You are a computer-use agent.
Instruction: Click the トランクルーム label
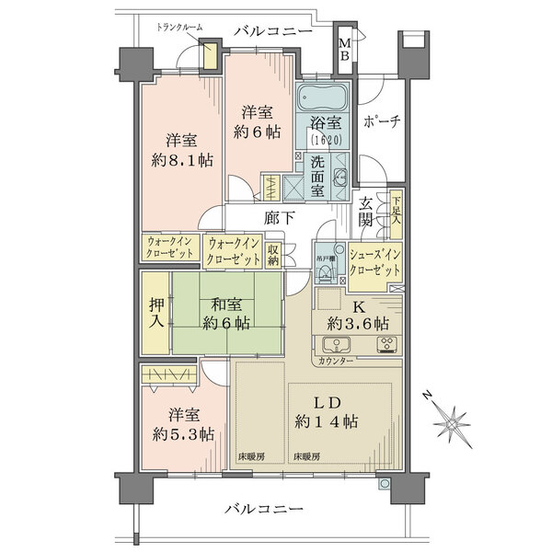[x=180, y=29]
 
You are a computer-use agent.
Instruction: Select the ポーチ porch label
[x=379, y=122]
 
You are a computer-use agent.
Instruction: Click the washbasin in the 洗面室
[x=339, y=178]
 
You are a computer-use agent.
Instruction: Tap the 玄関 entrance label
[x=366, y=213]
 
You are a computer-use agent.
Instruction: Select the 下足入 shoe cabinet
[x=396, y=213]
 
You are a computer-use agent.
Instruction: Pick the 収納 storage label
[x=273, y=253]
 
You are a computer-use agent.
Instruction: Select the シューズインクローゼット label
[x=375, y=261]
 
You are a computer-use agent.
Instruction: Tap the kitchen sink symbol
[x=337, y=347]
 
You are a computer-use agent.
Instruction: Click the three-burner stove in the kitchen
[x=386, y=347]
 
